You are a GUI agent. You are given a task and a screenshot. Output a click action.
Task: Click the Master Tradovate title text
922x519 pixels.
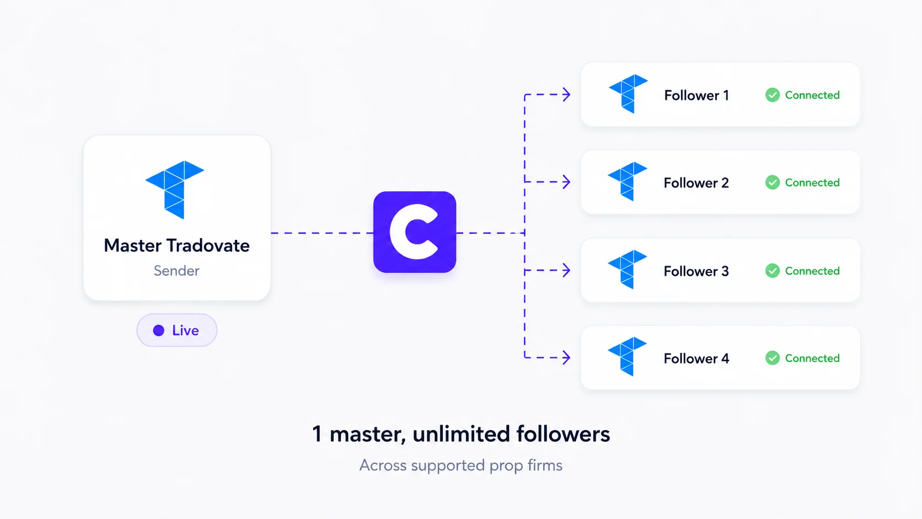[x=176, y=246]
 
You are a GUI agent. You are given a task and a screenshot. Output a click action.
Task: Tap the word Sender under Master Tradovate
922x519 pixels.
[x=176, y=271]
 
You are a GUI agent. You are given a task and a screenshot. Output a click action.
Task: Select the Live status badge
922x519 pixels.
[x=177, y=330]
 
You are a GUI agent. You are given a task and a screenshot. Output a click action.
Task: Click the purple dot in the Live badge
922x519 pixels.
[x=158, y=330]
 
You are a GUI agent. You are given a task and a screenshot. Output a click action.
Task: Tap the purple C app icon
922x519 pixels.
[x=415, y=232]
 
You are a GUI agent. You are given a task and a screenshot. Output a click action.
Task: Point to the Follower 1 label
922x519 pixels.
[x=696, y=95]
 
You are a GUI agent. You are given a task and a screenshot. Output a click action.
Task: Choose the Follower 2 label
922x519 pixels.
[x=696, y=183]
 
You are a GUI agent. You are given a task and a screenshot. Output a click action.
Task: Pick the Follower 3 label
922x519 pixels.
[x=696, y=271]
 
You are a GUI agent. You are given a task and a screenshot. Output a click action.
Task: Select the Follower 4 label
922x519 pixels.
[x=696, y=359]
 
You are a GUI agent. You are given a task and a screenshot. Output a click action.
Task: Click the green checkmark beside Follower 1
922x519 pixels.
[x=773, y=95]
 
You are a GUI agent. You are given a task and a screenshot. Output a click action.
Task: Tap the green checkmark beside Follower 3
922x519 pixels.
[x=773, y=271]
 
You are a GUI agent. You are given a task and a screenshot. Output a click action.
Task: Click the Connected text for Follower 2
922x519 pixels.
[x=812, y=183]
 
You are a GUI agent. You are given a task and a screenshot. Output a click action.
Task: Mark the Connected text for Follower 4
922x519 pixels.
[x=812, y=358]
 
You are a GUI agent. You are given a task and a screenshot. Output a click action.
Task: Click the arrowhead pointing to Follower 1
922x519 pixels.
[x=567, y=95]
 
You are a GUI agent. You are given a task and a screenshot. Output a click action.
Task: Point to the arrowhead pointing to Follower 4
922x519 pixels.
[x=567, y=357]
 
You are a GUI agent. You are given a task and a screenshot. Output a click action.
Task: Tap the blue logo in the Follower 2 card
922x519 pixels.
[x=628, y=181]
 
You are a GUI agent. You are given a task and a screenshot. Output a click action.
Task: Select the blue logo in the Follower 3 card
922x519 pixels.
[x=628, y=270]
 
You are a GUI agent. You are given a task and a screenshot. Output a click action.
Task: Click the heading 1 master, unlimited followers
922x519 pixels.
[x=461, y=434]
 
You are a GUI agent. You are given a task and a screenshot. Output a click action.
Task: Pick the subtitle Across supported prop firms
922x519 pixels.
[x=461, y=466]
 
